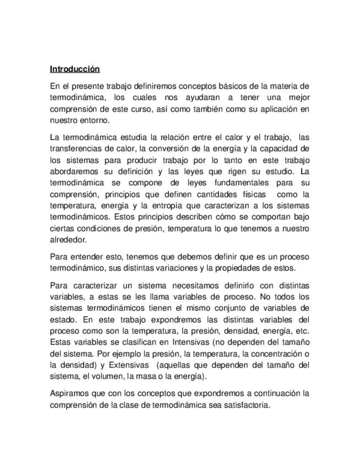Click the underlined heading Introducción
point(75,69)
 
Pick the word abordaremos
point(74,171)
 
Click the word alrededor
point(68,240)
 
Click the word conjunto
point(225,308)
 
